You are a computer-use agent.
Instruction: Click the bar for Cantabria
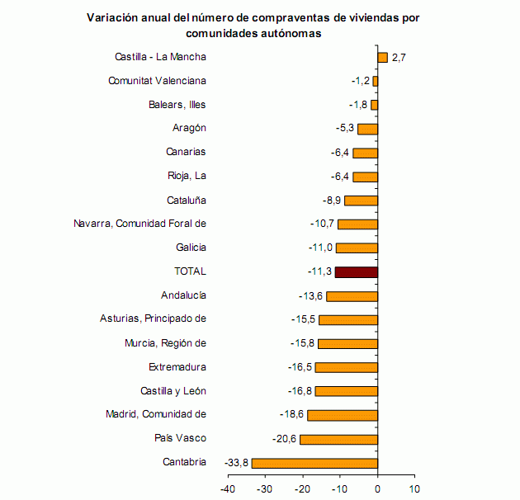[x=314, y=463]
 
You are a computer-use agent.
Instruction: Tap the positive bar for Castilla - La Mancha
[x=382, y=57]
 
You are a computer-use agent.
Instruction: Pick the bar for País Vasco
[x=338, y=439]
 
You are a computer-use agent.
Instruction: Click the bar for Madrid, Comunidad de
[x=343, y=415]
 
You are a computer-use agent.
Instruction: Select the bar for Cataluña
[x=361, y=200]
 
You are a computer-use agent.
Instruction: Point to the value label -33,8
[x=236, y=463]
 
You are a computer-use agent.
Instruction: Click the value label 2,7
[x=399, y=58]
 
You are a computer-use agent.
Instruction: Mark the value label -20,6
[x=285, y=439]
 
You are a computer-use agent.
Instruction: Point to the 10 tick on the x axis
[x=414, y=488]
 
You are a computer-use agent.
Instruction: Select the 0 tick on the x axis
[x=377, y=488]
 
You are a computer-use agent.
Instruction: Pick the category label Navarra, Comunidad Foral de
[x=139, y=224]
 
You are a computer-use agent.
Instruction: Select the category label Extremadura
[x=177, y=367]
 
